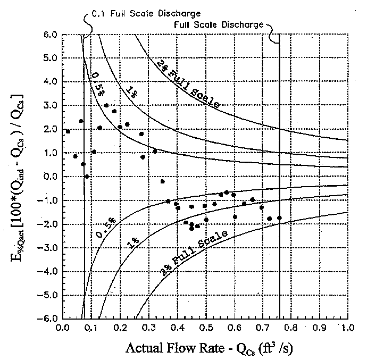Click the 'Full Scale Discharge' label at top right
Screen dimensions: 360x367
tap(218, 24)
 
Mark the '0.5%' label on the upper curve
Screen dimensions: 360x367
tap(97, 80)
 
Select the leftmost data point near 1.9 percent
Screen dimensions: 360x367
tap(68, 131)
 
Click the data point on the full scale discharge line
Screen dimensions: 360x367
tap(279, 218)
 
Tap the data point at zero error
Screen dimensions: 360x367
tap(87, 177)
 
